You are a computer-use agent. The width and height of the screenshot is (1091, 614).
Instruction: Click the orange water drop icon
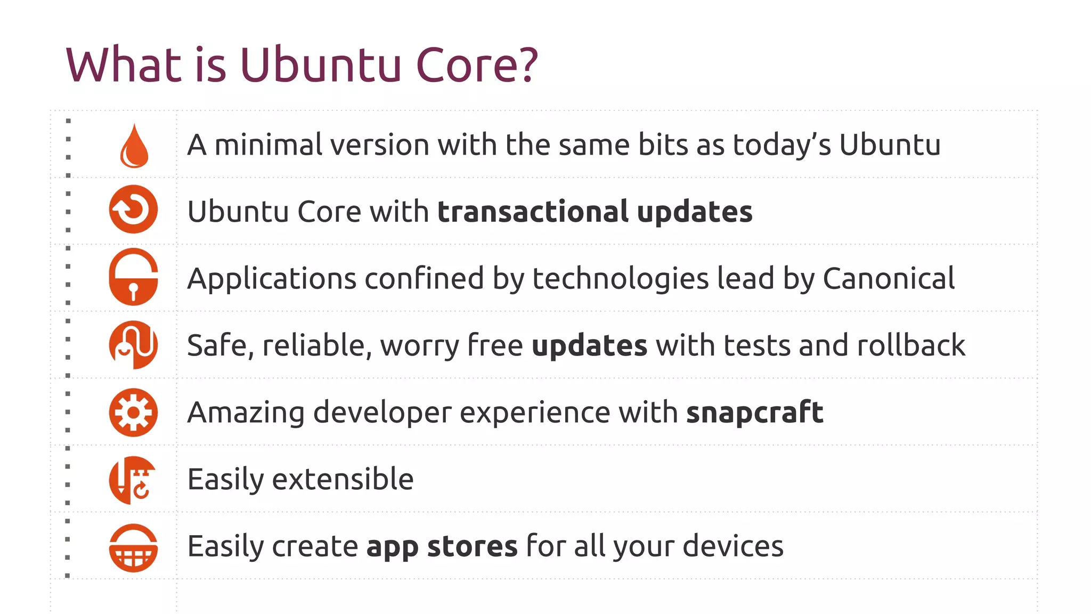pos(134,146)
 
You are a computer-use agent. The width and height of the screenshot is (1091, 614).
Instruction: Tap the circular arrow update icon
pos(133,209)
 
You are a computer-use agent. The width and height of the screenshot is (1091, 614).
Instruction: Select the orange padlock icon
pos(133,277)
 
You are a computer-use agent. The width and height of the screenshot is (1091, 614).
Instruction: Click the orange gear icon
pos(133,413)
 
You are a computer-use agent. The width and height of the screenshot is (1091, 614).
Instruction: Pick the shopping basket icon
pos(133,548)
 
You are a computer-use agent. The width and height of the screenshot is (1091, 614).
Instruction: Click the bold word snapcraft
pos(754,413)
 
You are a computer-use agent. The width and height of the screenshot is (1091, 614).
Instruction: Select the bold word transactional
pos(533,212)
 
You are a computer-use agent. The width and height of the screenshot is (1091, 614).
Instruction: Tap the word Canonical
pos(889,279)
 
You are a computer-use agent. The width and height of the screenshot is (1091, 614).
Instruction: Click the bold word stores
pos(472,546)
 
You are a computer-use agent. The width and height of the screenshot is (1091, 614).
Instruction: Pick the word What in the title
pos(124,65)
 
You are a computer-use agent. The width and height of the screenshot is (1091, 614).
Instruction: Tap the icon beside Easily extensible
pos(133,480)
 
